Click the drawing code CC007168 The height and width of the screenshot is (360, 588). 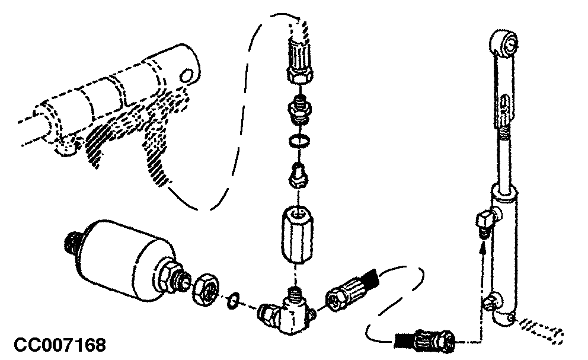click(x=60, y=345)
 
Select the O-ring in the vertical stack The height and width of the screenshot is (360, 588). click(x=299, y=142)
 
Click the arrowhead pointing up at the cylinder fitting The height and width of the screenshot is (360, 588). click(x=483, y=247)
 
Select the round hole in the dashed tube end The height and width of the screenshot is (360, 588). click(x=185, y=75)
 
